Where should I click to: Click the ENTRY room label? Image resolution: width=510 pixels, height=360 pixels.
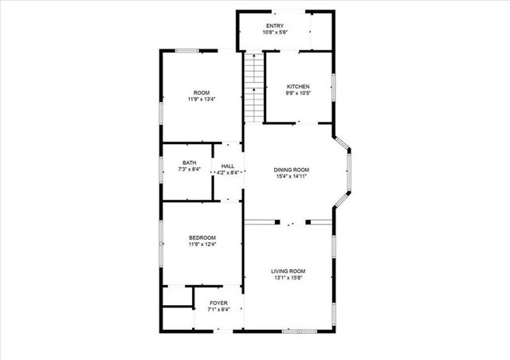pyautogui.click(x=275, y=25)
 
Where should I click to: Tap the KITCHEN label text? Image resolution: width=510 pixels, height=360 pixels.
pyautogui.click(x=298, y=86)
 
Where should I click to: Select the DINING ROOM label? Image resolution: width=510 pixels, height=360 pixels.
pyautogui.click(x=292, y=170)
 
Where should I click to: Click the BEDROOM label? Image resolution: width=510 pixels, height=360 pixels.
pyautogui.click(x=202, y=237)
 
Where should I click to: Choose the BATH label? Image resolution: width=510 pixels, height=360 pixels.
pyautogui.click(x=189, y=163)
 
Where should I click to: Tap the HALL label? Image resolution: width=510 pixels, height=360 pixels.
pyautogui.click(x=228, y=165)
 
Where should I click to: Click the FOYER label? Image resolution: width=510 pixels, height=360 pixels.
pyautogui.click(x=218, y=303)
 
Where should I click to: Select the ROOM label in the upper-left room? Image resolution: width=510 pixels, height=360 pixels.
pyautogui.click(x=202, y=92)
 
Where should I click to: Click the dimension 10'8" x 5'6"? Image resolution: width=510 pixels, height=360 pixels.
pyautogui.click(x=275, y=32)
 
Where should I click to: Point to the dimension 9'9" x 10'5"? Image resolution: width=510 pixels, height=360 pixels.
pyautogui.click(x=298, y=93)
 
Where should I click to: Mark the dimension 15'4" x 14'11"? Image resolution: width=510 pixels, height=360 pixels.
pyautogui.click(x=292, y=177)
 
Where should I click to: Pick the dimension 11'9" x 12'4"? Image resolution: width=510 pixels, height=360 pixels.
pyautogui.click(x=202, y=245)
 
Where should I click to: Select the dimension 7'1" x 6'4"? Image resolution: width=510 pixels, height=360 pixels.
pyautogui.click(x=218, y=311)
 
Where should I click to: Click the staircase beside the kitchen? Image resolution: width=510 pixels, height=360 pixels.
pyautogui.click(x=253, y=88)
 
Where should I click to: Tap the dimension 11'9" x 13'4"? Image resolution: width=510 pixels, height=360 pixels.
pyautogui.click(x=202, y=100)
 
